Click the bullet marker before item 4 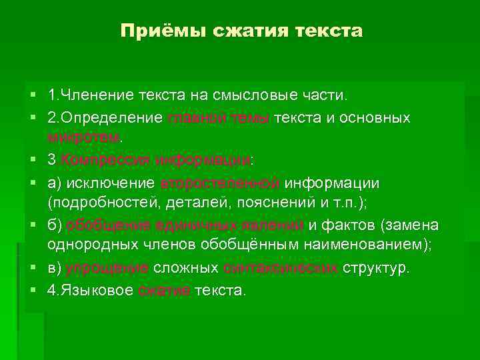[32, 291]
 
